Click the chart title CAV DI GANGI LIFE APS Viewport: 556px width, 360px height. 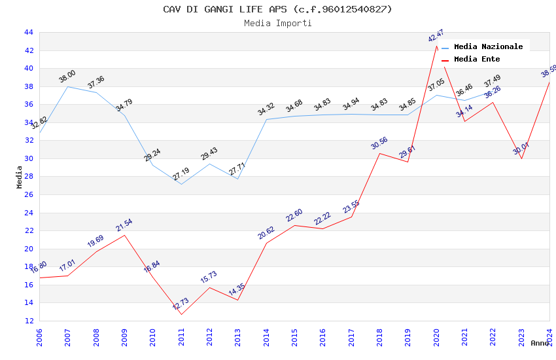click(x=277, y=9)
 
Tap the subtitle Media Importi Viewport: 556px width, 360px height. click(x=277, y=23)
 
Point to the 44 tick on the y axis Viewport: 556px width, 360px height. click(x=28, y=32)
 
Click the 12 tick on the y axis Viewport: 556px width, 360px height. click(x=28, y=321)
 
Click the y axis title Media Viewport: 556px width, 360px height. click(x=20, y=177)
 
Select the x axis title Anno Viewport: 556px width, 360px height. click(x=540, y=343)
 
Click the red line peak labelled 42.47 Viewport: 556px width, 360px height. click(x=436, y=46)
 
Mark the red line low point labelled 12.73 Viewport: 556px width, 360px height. click(x=181, y=314)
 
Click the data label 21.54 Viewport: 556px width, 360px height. click(x=124, y=226)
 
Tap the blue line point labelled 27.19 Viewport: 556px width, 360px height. click(x=181, y=184)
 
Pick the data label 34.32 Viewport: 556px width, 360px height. click(x=266, y=109)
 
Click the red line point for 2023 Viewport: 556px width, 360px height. click(x=521, y=158)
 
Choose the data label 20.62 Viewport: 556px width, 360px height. click(x=266, y=233)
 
